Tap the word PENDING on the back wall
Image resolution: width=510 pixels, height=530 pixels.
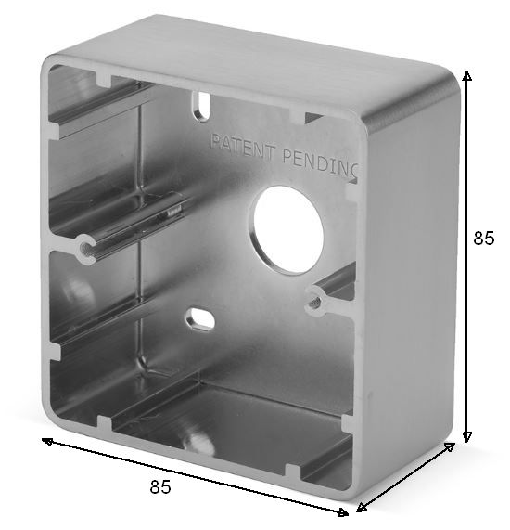tap(320, 164)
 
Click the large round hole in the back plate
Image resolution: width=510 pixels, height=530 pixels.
tap(288, 230)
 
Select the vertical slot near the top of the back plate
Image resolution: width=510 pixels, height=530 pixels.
tap(202, 106)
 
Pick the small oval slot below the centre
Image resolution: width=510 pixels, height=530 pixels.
tap(199, 318)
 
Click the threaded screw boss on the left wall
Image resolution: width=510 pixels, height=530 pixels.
tap(86, 249)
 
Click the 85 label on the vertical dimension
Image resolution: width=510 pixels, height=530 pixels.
tap(483, 238)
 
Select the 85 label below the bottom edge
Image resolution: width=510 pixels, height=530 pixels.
tap(160, 486)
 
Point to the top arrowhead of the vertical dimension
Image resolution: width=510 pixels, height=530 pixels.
tap(466, 76)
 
